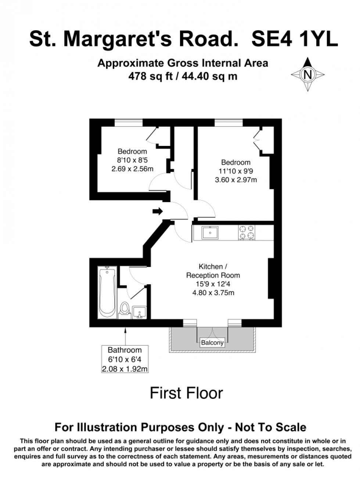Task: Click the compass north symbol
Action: [x=308, y=75]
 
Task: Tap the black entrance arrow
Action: [x=158, y=211]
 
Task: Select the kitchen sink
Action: [x=210, y=233]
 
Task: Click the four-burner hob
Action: [x=247, y=232]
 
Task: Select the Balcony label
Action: [x=212, y=343]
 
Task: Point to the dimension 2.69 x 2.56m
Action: [x=132, y=169]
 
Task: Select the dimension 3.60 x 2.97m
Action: [x=236, y=180]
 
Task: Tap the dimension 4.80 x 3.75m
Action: [x=213, y=293]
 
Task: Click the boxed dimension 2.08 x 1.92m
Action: [x=125, y=369]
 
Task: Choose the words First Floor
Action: [x=186, y=393]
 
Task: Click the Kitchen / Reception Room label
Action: [x=213, y=271]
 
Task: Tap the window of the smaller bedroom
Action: [x=129, y=123]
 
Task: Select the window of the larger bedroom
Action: [x=228, y=123]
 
